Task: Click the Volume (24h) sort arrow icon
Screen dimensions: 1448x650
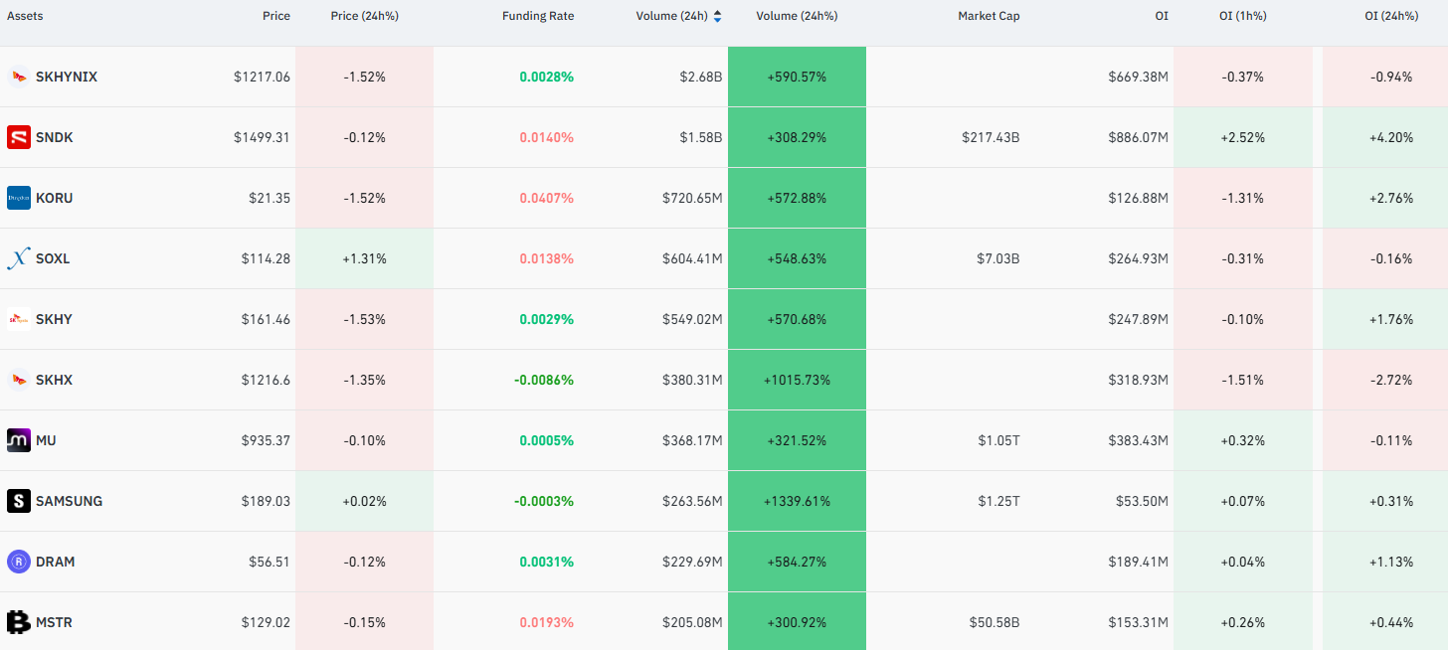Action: click(x=717, y=16)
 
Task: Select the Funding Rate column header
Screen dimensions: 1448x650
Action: click(x=538, y=16)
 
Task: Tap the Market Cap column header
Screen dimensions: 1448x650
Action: click(x=989, y=16)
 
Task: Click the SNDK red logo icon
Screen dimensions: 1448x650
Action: click(x=19, y=137)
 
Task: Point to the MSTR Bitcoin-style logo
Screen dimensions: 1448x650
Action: click(x=19, y=622)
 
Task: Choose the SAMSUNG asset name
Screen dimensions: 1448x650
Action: click(x=69, y=501)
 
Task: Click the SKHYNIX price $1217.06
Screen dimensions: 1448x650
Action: click(x=262, y=77)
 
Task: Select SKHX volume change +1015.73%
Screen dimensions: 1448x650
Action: click(x=797, y=380)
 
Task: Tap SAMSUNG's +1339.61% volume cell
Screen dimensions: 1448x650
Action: click(x=797, y=501)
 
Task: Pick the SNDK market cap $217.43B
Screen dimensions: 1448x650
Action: click(x=991, y=137)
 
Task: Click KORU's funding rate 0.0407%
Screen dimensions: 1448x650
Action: click(x=546, y=199)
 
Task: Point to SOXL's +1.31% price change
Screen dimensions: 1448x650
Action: click(x=364, y=259)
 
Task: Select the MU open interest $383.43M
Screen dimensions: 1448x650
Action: click(x=1139, y=440)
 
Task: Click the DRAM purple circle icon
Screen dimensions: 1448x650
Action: click(x=19, y=562)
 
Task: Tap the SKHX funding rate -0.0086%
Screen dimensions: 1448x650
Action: click(x=544, y=380)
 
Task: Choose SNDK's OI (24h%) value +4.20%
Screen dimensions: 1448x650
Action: click(x=1391, y=137)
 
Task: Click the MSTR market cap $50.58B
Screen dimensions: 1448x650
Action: click(x=995, y=623)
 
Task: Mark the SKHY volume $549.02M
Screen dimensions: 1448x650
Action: click(x=692, y=319)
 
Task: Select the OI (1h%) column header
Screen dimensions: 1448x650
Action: click(x=1242, y=16)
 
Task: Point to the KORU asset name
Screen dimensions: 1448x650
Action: click(x=54, y=199)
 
